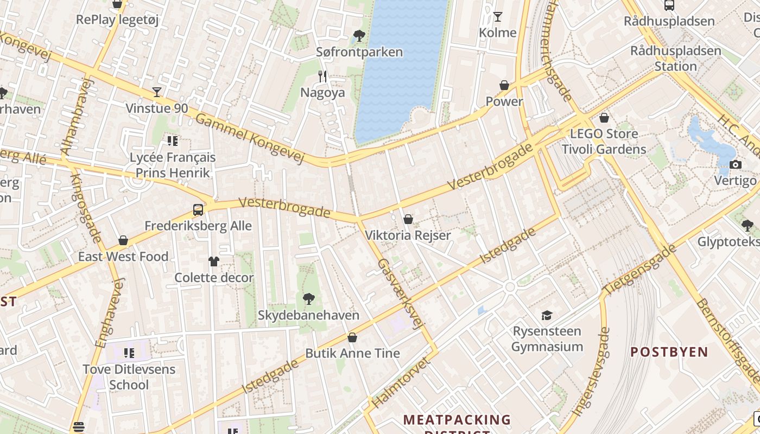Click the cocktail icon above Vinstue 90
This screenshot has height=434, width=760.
157,92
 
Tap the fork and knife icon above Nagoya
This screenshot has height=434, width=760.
323,76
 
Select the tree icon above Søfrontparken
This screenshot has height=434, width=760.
359,36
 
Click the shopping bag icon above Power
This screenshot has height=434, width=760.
504,85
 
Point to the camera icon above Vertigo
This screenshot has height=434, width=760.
736,165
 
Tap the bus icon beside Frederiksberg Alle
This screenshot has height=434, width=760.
198,210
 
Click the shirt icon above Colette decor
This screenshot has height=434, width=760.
214,261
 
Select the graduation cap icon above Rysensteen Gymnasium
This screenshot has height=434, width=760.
547,315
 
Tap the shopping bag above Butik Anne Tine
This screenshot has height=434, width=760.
352,337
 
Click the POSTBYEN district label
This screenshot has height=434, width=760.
669,352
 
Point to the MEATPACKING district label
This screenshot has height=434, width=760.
457,420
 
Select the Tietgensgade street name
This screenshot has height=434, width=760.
641,270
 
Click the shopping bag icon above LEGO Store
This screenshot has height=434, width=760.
604,118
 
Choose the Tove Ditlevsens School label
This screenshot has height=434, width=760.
129,377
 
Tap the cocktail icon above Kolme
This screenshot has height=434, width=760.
497,17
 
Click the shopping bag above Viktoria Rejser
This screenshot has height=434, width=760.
408,219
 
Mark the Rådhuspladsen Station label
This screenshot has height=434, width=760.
675,59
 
